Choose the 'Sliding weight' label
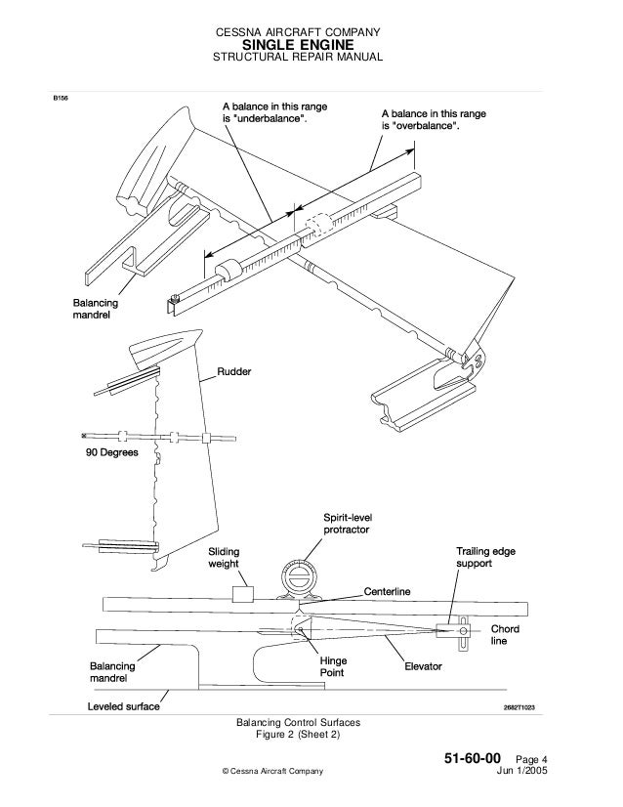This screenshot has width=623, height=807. pyautogui.click(x=224, y=559)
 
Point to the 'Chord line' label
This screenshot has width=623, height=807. pyautogui.click(x=504, y=634)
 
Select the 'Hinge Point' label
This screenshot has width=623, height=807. pyautogui.click(x=334, y=667)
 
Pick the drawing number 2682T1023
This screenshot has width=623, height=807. pyautogui.click(x=520, y=707)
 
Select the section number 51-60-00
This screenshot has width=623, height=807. pyautogui.click(x=473, y=758)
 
